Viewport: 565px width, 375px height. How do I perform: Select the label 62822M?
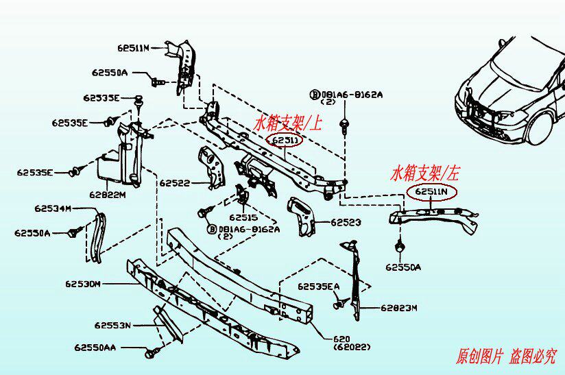pyautogui.click(x=107, y=195)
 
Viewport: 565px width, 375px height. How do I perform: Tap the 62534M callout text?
pyautogui.click(x=53, y=208)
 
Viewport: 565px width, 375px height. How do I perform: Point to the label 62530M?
pyautogui.click(x=84, y=283)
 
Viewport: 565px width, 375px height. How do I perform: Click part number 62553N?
pyautogui.click(x=112, y=325)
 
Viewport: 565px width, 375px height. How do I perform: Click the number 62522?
pyautogui.click(x=175, y=183)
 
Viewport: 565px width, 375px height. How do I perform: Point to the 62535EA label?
pyautogui.click(x=318, y=286)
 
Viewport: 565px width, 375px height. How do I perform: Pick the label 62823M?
pyautogui.click(x=398, y=309)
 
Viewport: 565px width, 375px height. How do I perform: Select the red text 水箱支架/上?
pyautogui.click(x=288, y=123)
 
